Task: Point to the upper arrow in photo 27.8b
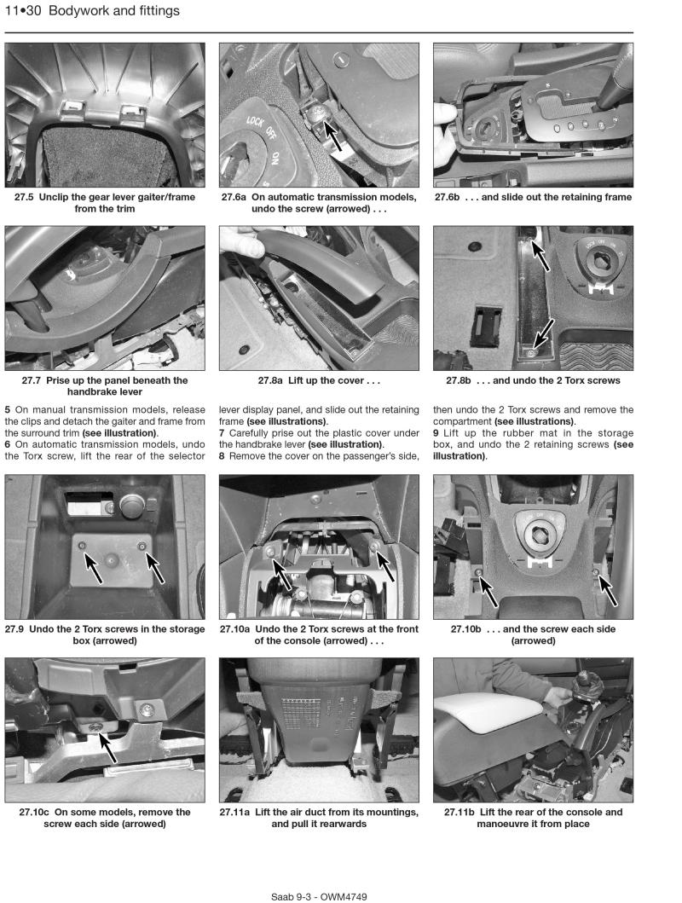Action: (540, 252)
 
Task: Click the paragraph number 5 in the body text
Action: (8, 409)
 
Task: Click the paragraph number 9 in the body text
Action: (436, 433)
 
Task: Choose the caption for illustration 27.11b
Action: (533, 818)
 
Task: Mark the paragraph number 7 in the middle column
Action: (223, 433)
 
